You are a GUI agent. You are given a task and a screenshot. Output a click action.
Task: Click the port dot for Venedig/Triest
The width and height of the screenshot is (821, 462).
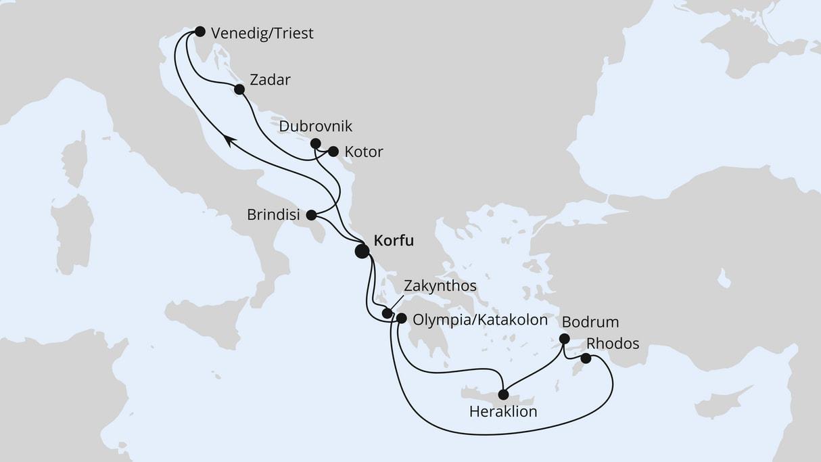[200, 31]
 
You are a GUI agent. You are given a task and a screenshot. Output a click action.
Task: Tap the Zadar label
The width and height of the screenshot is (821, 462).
[270, 80]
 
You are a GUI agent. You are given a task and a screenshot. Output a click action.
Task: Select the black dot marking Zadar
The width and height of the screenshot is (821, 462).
[239, 89]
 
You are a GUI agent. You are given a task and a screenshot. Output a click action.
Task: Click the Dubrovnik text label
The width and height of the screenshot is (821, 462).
[316, 127]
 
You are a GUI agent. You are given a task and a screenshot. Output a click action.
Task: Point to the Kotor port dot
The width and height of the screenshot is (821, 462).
[333, 152]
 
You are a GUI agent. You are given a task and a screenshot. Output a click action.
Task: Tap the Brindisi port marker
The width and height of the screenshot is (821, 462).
[311, 216]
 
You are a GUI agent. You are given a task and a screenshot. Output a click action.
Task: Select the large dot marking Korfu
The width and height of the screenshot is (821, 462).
[362, 252]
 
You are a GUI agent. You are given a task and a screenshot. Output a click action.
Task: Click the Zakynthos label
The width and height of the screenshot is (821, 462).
[440, 286]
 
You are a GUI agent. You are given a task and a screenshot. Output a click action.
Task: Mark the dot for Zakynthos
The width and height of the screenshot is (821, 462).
[387, 313]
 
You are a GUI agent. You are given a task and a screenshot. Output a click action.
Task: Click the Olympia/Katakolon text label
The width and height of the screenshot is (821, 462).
[479, 320]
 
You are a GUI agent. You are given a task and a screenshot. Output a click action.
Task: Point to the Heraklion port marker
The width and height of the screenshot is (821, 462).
[503, 394]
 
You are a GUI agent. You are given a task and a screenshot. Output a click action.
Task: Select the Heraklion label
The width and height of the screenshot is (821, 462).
[503, 411]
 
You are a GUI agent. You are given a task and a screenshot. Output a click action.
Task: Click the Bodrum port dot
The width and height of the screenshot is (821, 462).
[565, 340]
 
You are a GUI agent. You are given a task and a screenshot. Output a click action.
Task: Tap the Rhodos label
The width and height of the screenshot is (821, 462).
[613, 344]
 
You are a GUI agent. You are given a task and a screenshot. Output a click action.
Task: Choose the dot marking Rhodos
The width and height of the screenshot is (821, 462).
[586, 359]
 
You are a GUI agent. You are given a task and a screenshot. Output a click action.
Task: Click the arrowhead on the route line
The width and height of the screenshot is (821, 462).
[230, 139]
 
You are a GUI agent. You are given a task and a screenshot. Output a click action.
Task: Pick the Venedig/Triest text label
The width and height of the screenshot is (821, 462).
[262, 34]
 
